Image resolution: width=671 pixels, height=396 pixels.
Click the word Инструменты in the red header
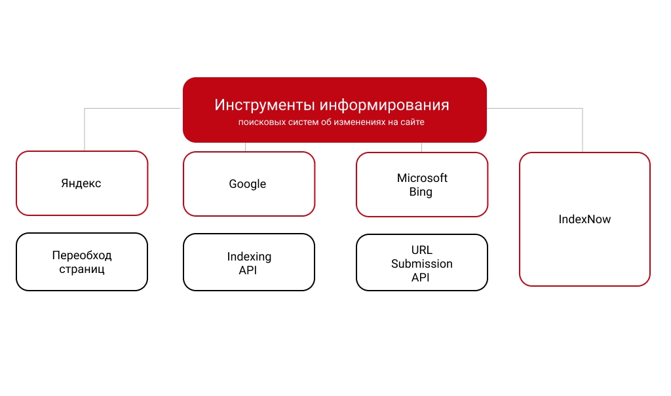(x=265, y=105)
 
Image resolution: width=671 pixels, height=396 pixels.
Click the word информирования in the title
(x=385, y=105)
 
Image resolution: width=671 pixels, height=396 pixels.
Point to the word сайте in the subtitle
(x=412, y=122)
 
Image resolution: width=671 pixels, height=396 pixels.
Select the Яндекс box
(x=82, y=183)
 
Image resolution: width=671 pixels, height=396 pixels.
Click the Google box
(x=249, y=184)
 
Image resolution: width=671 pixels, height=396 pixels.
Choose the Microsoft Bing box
(x=422, y=185)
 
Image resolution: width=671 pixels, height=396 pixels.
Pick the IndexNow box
(x=585, y=219)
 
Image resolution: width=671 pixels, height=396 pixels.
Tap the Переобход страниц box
(x=82, y=262)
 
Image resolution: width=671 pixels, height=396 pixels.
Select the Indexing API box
(x=249, y=262)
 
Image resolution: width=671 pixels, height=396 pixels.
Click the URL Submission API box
(x=422, y=262)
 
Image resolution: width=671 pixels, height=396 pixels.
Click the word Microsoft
(x=422, y=178)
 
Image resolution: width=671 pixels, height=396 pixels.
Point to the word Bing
(x=421, y=192)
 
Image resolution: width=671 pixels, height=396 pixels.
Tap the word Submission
(x=422, y=264)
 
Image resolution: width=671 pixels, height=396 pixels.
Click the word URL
(x=422, y=250)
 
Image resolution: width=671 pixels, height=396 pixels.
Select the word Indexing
(x=249, y=257)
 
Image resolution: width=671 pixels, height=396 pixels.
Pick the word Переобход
(x=82, y=256)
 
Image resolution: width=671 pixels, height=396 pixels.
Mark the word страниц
(x=82, y=270)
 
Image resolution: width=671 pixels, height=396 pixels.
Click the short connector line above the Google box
(x=245, y=147)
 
